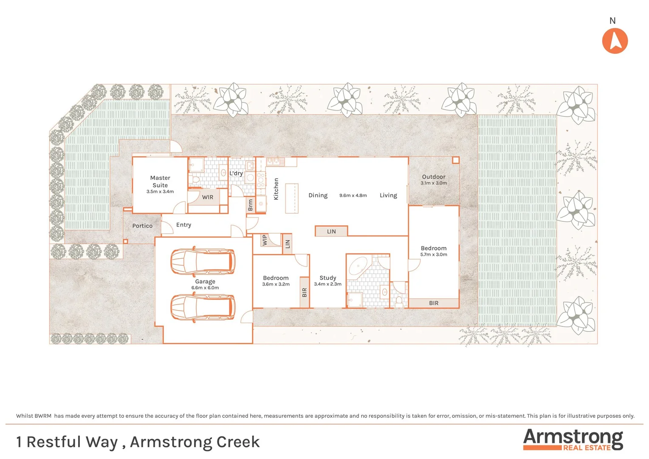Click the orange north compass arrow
tap(615, 41)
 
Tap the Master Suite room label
tap(160, 181)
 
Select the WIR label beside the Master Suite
tap(208, 197)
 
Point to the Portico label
tap(142, 226)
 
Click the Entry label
tap(183, 225)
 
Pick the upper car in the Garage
tap(203, 261)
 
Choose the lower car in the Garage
tap(203, 307)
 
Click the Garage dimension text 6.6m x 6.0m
tap(205, 288)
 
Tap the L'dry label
tap(236, 173)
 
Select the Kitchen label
tap(276, 189)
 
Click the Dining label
tap(318, 195)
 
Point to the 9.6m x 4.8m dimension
tap(353, 195)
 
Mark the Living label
tap(388, 195)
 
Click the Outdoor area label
tap(434, 177)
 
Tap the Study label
tap(328, 278)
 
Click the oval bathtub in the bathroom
tap(358, 266)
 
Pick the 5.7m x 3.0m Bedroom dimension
tap(434, 255)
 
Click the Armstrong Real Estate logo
tap(573, 439)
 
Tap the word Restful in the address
tap(72, 442)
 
